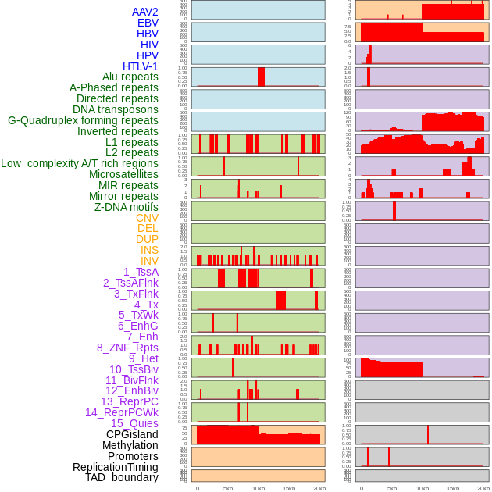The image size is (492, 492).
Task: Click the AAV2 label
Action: (145, 12)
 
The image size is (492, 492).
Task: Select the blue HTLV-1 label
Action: (141, 66)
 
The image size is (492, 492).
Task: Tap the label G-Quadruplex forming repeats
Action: (83, 120)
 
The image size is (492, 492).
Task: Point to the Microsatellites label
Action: (123, 174)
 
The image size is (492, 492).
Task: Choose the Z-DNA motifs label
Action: (127, 207)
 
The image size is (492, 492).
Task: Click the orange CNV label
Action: (147, 218)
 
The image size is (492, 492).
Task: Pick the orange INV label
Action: (149, 261)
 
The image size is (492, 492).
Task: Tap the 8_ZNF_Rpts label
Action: (127, 348)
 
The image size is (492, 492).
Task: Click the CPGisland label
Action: (132, 434)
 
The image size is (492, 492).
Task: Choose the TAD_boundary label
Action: (122, 477)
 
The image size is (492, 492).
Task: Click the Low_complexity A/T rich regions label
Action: (80, 163)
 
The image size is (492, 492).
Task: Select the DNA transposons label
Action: (116, 109)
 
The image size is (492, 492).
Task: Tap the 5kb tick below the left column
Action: (228, 488)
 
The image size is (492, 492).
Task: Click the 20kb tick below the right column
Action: (483, 488)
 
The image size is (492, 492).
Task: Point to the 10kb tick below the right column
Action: (422, 488)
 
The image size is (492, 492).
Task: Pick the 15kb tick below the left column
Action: (289, 488)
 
